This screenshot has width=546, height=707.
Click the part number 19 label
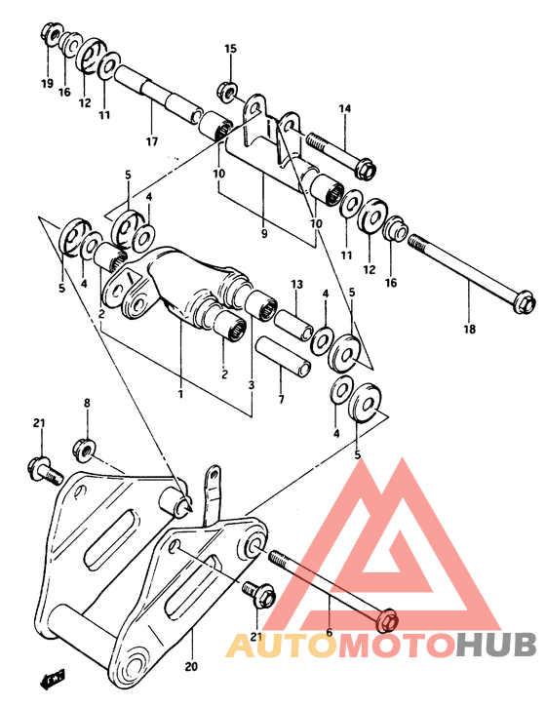click(47, 84)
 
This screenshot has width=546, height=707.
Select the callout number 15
click(230, 49)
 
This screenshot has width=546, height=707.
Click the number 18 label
click(469, 330)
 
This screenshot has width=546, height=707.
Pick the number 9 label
click(263, 234)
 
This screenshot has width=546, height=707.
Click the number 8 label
click(86, 403)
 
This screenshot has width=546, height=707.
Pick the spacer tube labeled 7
click(283, 356)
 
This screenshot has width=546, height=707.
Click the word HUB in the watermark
click(497, 645)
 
